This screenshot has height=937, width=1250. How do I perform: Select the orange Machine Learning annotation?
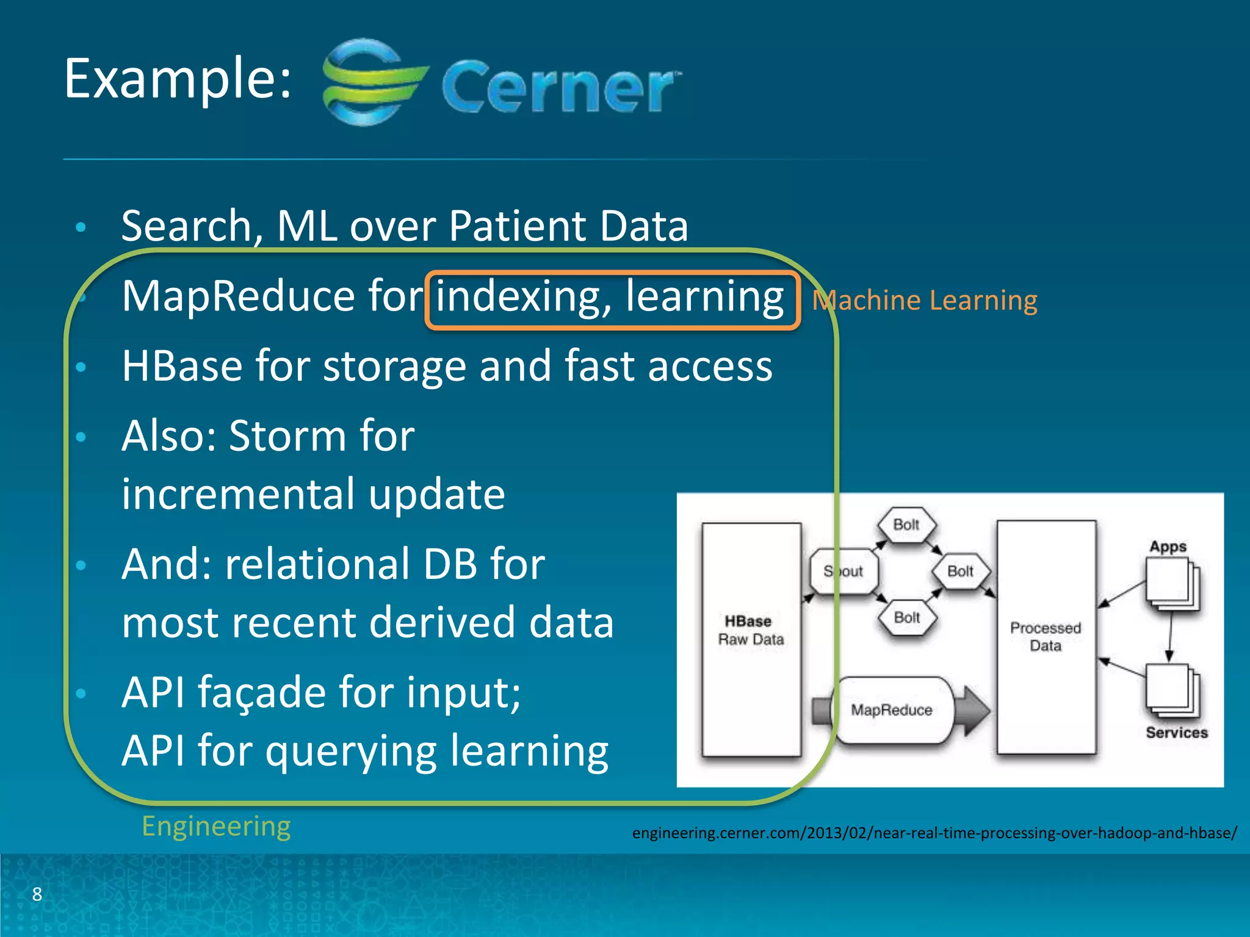click(925, 301)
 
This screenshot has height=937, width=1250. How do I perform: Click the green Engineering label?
click(216, 827)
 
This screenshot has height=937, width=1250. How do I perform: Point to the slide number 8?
click(37, 894)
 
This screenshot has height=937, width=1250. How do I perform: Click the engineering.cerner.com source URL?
click(934, 833)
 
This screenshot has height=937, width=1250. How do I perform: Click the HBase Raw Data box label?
click(750, 630)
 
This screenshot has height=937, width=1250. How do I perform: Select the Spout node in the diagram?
click(844, 572)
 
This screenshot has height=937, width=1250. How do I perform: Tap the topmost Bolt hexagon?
click(906, 525)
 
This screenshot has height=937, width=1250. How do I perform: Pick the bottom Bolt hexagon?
click(906, 617)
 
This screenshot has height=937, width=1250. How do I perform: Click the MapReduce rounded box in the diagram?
click(892, 710)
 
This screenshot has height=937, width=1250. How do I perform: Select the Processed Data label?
click(1045, 637)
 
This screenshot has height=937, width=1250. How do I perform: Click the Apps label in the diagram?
click(1168, 547)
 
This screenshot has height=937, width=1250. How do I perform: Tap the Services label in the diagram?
click(1176, 733)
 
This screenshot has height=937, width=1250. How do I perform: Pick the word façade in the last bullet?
click(262, 693)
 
